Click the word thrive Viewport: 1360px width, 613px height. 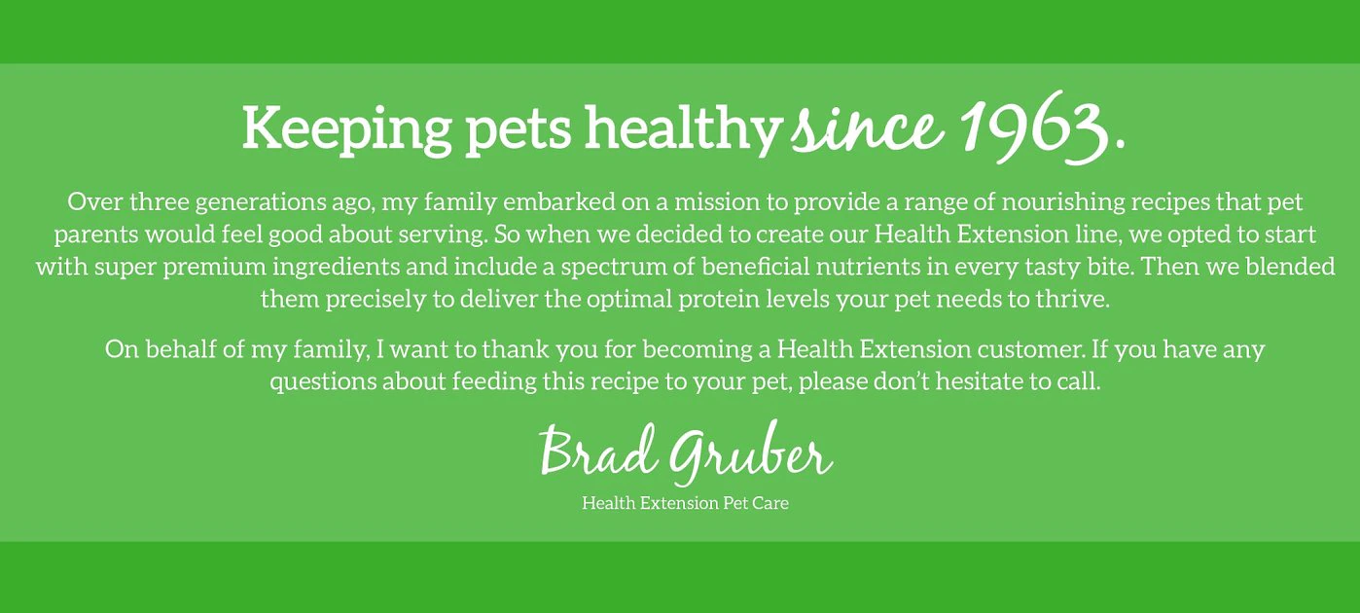[1074, 299]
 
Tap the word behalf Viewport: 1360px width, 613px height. [183, 348]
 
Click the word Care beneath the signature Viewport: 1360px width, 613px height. [769, 503]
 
